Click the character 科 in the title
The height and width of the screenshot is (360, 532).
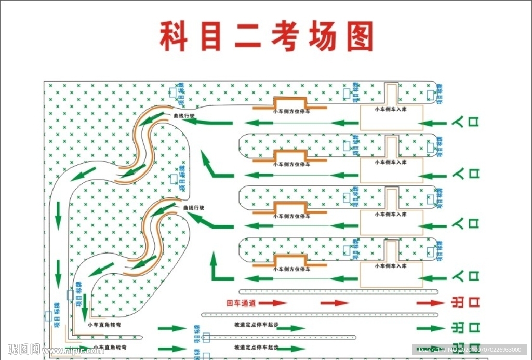174,36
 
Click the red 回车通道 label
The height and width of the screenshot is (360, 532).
241,303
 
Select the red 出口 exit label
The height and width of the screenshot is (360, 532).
463,303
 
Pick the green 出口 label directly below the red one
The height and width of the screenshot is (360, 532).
463,328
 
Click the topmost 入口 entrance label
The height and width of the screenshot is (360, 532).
465,123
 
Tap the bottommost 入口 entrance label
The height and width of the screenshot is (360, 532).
465,276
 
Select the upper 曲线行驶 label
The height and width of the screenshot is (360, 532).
184,116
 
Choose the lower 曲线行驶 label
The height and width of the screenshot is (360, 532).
194,208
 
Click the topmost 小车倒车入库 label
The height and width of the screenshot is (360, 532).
391,110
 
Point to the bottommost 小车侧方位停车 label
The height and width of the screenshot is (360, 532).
291,269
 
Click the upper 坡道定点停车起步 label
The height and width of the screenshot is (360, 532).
256,325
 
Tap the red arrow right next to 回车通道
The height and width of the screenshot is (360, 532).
273,303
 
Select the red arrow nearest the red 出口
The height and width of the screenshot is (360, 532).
431,303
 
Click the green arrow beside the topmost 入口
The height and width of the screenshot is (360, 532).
432,124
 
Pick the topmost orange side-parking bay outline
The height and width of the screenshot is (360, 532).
290,102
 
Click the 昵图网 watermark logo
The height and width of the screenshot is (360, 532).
23,349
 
